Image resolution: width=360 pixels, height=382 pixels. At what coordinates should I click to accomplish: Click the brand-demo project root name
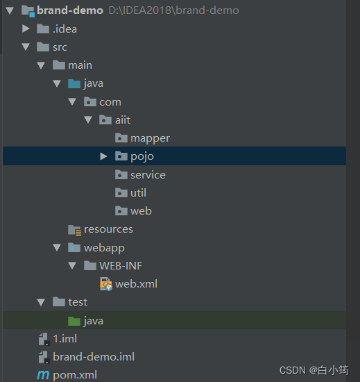70,10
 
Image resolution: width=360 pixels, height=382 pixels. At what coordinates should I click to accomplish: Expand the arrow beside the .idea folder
26,28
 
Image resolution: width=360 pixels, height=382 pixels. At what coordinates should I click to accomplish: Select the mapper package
150,138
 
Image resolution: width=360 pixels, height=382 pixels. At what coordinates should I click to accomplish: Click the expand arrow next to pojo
103,156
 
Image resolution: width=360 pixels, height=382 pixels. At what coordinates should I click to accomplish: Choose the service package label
148,175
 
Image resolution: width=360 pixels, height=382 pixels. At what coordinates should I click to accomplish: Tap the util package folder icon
121,192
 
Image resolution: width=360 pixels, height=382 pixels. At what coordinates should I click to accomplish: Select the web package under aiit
141,211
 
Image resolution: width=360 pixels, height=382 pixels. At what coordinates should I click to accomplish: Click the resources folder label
108,229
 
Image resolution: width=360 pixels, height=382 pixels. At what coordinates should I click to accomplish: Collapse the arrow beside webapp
57,247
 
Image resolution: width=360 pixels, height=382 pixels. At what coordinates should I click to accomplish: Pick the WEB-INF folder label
121,265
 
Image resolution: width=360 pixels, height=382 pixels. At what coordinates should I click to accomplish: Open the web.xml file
136,284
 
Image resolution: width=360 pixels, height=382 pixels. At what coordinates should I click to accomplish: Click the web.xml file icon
106,284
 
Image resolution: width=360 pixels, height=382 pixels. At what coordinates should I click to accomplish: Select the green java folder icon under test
74,321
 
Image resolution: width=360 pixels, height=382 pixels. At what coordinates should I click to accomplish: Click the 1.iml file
65,339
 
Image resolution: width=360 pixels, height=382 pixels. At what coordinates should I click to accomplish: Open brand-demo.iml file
94,357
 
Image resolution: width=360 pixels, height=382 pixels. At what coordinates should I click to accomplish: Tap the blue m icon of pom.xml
43,375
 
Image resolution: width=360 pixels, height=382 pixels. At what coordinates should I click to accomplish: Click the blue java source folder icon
74,83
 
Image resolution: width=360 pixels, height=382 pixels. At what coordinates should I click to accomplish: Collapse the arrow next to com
72,101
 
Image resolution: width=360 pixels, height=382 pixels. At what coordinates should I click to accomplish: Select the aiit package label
123,120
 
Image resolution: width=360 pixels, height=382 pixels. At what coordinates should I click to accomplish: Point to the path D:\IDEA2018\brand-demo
173,10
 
